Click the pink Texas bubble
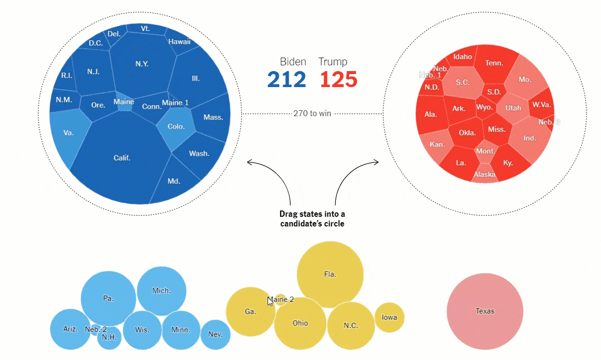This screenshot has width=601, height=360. [484, 311]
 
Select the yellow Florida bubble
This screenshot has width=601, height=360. [330, 274]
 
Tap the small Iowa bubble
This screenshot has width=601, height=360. [389, 317]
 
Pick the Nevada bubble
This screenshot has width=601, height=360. [215, 334]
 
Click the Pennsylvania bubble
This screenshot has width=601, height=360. [108, 299]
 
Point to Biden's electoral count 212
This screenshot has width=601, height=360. [286, 79]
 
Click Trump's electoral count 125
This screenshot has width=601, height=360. [338, 79]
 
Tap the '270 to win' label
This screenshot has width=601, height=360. [312, 114]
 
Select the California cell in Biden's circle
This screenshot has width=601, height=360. [122, 158]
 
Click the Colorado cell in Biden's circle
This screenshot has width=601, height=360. [176, 127]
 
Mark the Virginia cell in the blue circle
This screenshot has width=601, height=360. [68, 133]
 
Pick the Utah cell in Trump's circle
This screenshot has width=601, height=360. [513, 108]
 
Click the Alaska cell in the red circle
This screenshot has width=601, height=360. [484, 174]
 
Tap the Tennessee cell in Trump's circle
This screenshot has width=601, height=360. [494, 63]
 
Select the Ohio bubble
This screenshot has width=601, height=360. [300, 323]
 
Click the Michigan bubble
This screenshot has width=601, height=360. [161, 291]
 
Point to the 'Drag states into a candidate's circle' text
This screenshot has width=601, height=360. [312, 219]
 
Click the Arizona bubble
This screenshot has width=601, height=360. [70, 329]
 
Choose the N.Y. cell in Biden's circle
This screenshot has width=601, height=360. [142, 64]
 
